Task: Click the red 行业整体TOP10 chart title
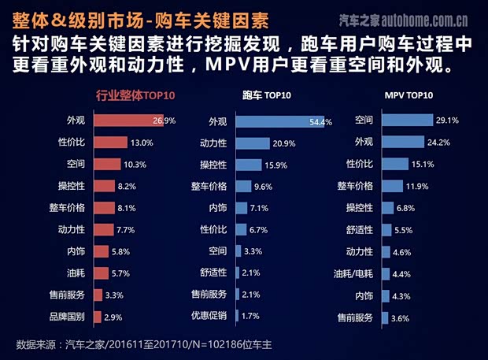coord(135,95)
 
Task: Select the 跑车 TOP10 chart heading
coord(267,95)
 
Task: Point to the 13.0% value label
coord(141,143)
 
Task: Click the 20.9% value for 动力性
coord(283,143)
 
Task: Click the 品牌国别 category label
coord(68,317)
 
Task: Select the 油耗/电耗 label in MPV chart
coord(353,273)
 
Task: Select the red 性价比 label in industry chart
coord(72,143)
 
